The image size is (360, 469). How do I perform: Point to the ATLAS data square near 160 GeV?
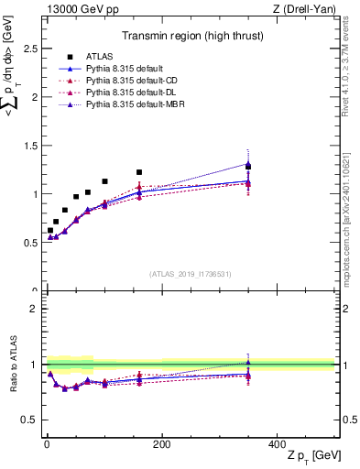click(x=139, y=172)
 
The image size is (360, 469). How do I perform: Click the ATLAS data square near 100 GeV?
click(x=104, y=181)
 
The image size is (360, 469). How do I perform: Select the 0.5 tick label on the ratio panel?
click(x=32, y=420)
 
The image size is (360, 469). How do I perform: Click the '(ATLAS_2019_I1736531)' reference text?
click(x=189, y=273)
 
